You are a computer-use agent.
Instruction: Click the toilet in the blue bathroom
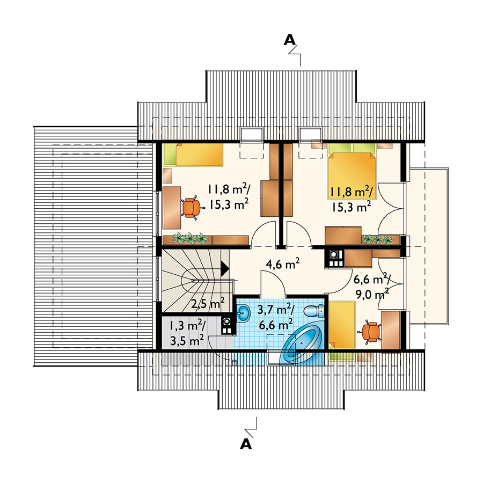[314, 311]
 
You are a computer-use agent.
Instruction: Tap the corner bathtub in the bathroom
[304, 346]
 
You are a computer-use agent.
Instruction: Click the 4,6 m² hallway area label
[283, 264]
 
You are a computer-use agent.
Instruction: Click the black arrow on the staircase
[225, 267]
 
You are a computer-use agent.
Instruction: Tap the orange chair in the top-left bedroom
[192, 207]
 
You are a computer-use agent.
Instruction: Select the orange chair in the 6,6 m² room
[370, 332]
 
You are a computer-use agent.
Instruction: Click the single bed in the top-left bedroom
[193, 155]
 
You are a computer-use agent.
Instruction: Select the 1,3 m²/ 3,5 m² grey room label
[187, 333]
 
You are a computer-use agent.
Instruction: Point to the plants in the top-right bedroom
[378, 239]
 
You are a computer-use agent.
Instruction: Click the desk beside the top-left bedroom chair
[172, 207]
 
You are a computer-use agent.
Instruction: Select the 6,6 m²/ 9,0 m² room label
[372, 287]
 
